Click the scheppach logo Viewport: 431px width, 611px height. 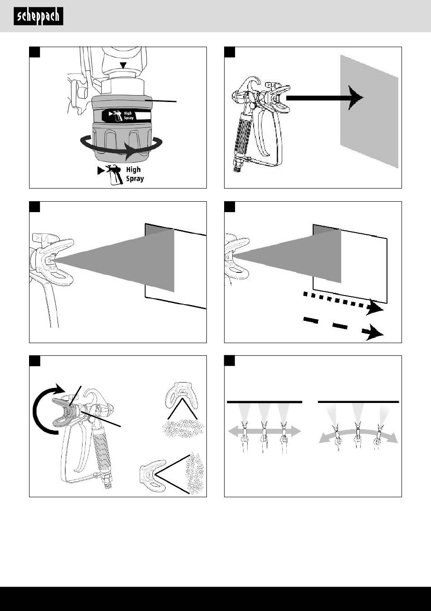point(39,16)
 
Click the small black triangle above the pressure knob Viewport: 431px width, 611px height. point(124,65)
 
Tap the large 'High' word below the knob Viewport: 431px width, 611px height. point(133,170)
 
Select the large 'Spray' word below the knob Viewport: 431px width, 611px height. point(135,179)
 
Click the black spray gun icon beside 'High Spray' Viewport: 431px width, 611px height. point(110,175)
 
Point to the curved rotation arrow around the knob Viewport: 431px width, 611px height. point(121,147)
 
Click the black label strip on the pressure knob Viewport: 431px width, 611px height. point(127,116)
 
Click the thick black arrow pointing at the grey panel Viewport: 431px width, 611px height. point(325,98)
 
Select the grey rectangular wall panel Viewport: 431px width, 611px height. point(369,112)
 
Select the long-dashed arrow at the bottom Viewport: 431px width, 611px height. point(343,328)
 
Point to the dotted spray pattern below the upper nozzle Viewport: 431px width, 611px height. point(183,428)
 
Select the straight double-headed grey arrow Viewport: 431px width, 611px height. point(264,431)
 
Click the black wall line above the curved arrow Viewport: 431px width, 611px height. point(358,402)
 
